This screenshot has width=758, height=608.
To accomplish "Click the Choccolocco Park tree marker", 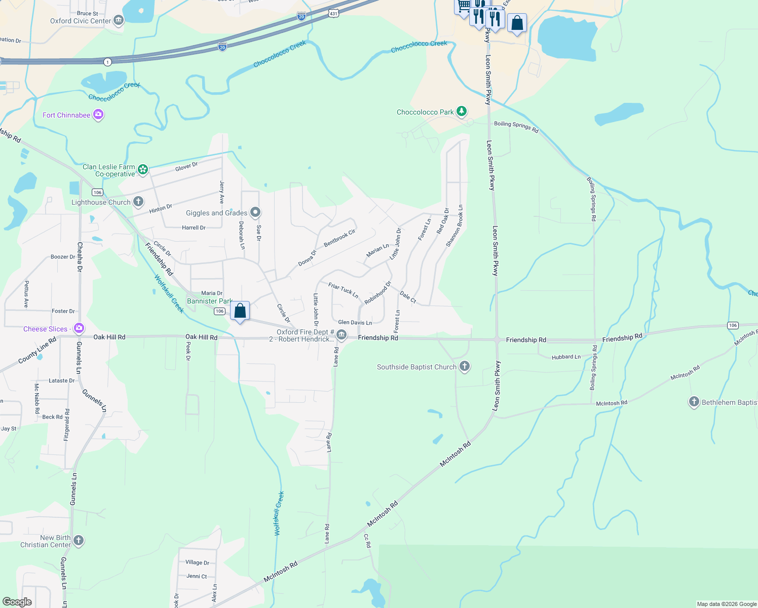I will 461,111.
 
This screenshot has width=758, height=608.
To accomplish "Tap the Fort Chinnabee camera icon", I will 98,115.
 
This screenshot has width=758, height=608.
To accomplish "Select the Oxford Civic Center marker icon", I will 119,21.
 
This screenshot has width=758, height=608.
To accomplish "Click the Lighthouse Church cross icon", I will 138,202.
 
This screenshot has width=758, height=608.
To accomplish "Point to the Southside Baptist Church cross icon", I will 465,367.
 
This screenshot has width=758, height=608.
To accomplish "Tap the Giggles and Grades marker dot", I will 255,212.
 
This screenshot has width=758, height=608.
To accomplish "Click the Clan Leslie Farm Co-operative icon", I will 143,170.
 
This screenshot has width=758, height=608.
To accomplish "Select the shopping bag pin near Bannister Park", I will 240,311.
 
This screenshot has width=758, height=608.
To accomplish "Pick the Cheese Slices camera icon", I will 79,329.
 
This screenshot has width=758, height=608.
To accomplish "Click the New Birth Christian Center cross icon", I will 79,541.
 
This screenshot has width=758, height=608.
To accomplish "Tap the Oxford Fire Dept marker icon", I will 342,335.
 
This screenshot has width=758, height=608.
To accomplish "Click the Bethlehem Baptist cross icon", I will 694,402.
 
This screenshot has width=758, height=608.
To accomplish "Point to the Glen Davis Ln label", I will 355,322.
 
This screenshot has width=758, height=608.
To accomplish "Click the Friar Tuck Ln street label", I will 343,290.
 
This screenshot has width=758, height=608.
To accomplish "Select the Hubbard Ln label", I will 566,357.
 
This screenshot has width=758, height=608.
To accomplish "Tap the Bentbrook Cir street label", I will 339,238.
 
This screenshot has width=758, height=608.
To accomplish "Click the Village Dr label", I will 197,562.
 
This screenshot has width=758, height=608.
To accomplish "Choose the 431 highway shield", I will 333,14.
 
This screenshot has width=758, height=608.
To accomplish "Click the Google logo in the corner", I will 17,602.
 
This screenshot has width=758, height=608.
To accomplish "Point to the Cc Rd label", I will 367,541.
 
